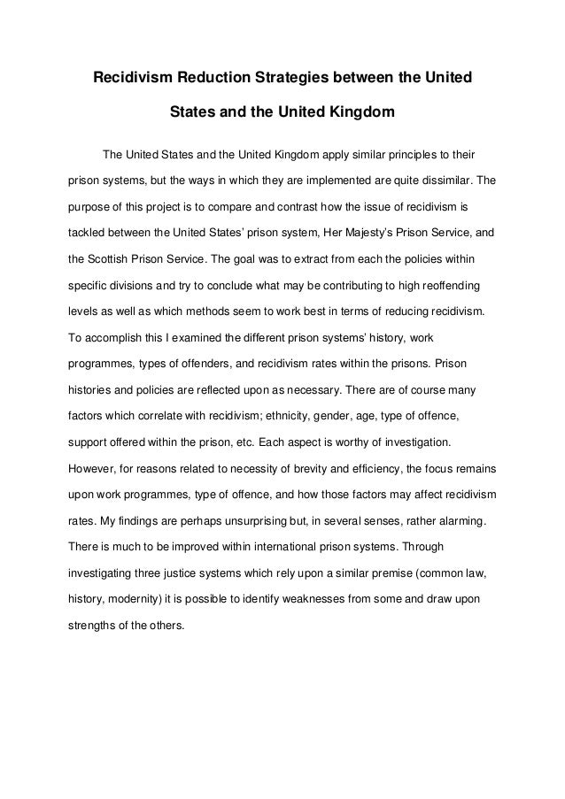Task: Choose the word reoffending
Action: click(x=461, y=287)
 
